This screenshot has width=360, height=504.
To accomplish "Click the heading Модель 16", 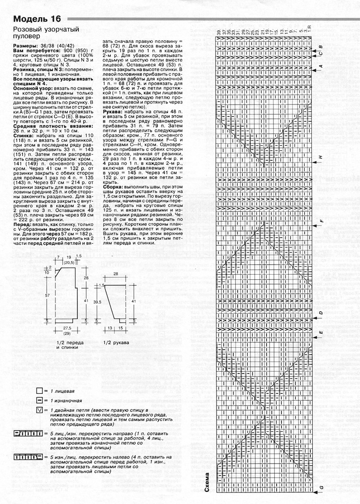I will coord(37,20).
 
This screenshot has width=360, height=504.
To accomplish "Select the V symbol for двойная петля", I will coord(39,410).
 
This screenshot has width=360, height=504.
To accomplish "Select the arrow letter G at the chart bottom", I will coord(321,488).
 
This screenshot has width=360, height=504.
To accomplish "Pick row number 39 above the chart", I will coord(219,33).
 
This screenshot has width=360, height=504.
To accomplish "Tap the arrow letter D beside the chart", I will coord(321,313).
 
